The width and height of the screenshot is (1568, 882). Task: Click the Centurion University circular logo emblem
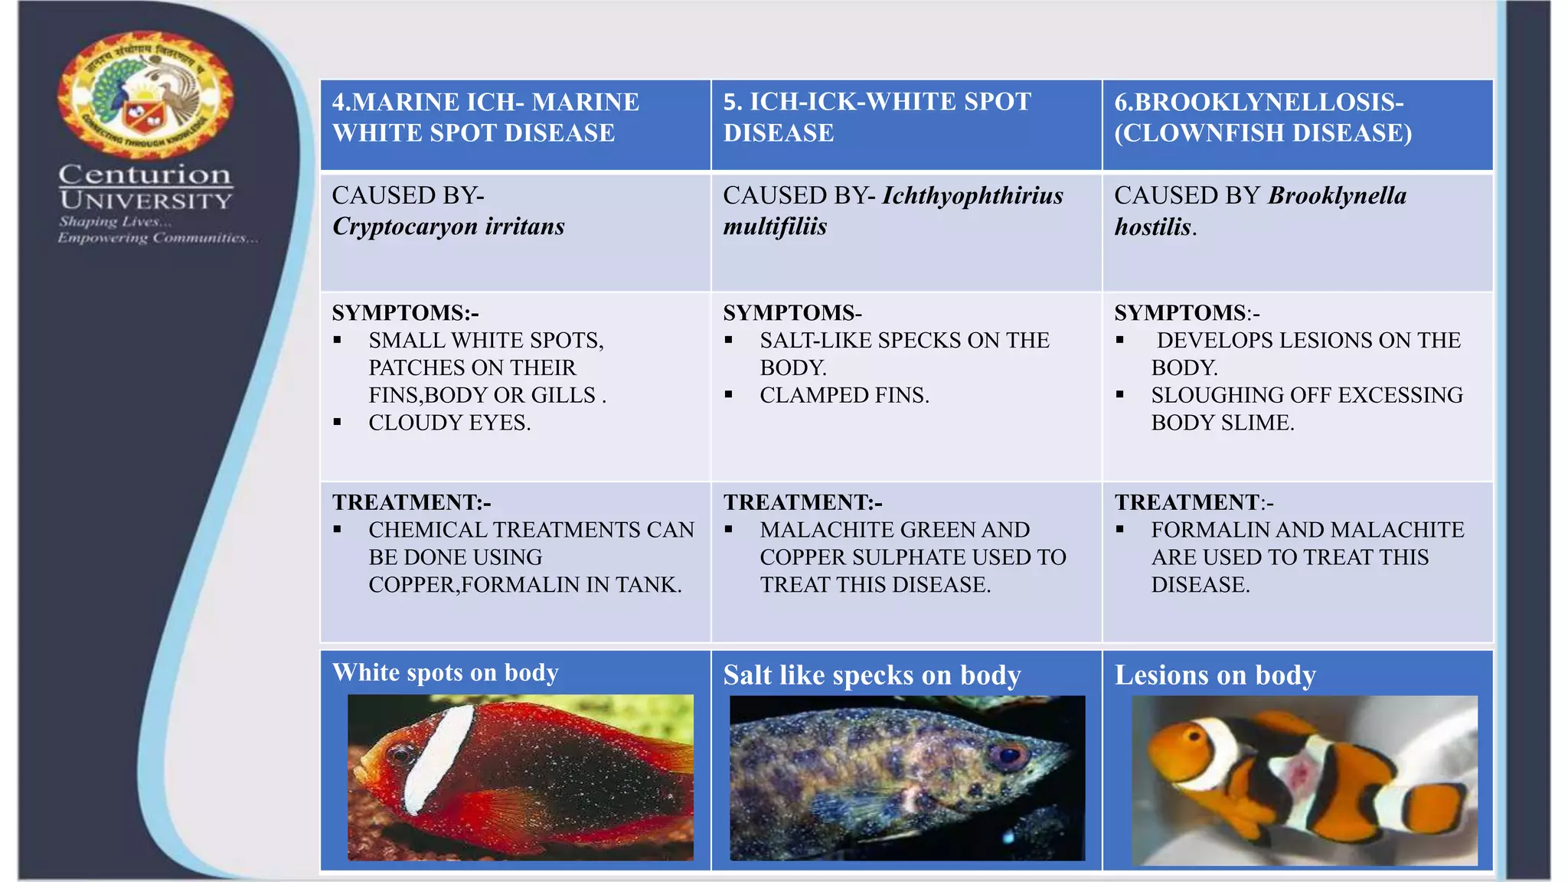click(x=145, y=95)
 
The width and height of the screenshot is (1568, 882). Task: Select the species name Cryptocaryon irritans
click(x=448, y=227)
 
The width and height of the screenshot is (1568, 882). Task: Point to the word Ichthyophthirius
click(x=972, y=196)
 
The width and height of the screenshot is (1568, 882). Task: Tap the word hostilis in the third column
click(x=1152, y=227)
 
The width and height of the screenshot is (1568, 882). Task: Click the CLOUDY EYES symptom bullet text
click(x=449, y=423)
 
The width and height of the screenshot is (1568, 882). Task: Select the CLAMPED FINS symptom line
click(x=844, y=395)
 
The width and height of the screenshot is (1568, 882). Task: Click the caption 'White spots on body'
click(x=445, y=673)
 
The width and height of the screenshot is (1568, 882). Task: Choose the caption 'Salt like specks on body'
click(x=871, y=675)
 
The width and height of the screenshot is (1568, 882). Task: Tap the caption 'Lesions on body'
click(x=1214, y=675)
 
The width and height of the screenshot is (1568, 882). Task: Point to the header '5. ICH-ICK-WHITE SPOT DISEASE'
click(x=877, y=117)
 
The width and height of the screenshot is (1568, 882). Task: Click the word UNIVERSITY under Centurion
click(x=145, y=201)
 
